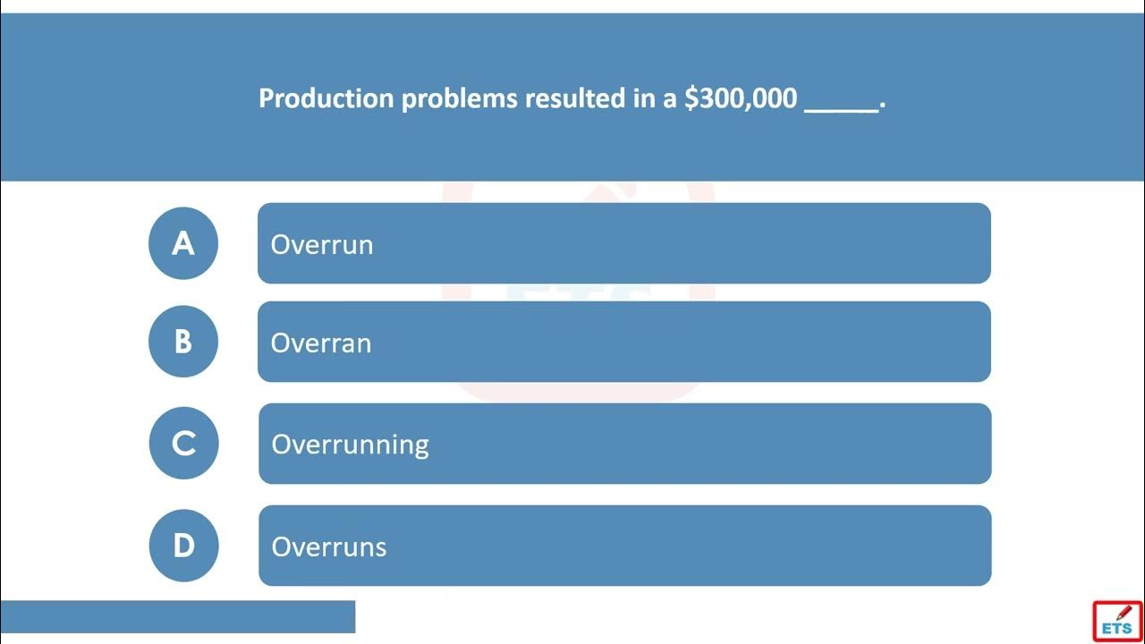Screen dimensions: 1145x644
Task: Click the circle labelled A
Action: pyautogui.click(x=183, y=243)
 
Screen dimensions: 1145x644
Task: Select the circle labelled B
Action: pyautogui.click(x=183, y=342)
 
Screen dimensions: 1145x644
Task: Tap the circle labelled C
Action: pyautogui.click(x=184, y=443)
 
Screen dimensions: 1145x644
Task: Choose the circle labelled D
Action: pyautogui.click(x=184, y=546)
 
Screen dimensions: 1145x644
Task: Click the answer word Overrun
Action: pyautogui.click(x=322, y=245)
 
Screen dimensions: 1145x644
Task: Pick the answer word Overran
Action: pyautogui.click(x=321, y=343)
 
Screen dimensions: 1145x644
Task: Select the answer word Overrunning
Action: pyautogui.click(x=350, y=445)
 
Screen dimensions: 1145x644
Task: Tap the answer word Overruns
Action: pyautogui.click(x=328, y=547)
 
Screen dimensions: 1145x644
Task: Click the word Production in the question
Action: pyautogui.click(x=327, y=97)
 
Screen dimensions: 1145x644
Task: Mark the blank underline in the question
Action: pyautogui.click(x=841, y=110)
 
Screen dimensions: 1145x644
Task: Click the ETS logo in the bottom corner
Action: pyautogui.click(x=1117, y=621)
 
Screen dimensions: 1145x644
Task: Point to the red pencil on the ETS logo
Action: pyautogui.click(x=1124, y=612)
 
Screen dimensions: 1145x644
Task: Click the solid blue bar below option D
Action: pyautogui.click(x=177, y=617)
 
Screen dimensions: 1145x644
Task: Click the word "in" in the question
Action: pyautogui.click(x=644, y=97)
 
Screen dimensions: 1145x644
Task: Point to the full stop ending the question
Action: pyautogui.click(x=883, y=107)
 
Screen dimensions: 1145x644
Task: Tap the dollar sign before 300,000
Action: pyautogui.click(x=691, y=98)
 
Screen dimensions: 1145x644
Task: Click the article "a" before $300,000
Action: pyautogui.click(x=670, y=101)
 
